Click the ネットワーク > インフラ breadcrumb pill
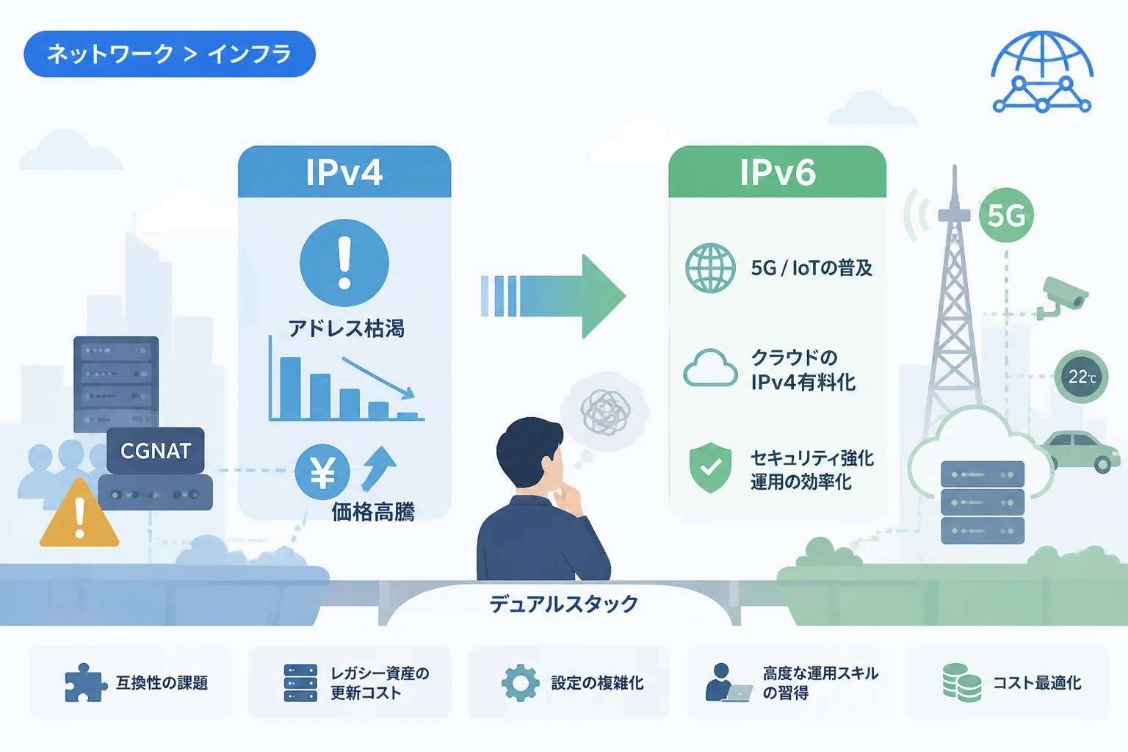tap(170, 54)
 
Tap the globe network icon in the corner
tap(1042, 71)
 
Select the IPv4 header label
tap(344, 173)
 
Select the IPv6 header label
tap(778, 173)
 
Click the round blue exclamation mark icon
tap(344, 262)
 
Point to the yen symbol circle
tap(322, 472)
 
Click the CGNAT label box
tap(156, 450)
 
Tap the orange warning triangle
tap(79, 514)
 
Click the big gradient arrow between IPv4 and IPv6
tap(553, 296)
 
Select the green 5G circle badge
tap(1006, 215)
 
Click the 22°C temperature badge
tap(1081, 377)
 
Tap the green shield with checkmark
tap(710, 467)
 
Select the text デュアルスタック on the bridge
tap(563, 604)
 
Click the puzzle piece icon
tap(85, 682)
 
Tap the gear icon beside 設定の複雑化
tap(520, 683)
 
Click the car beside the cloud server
tap(1082, 451)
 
